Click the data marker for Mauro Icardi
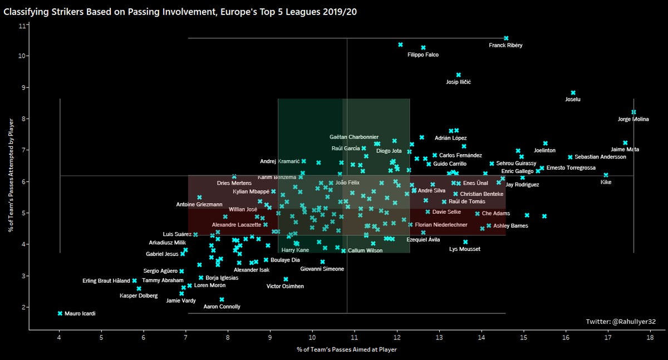(60, 313)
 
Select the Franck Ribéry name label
(505, 46)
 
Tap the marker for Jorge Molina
(633, 112)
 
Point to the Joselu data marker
(573, 93)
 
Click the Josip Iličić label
(459, 82)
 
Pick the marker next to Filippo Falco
(423, 48)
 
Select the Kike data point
(606, 175)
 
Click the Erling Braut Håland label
(106, 281)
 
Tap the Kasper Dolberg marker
(139, 288)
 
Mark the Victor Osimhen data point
(286, 279)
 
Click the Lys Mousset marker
(465, 242)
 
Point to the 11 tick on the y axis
(21, 26)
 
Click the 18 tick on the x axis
(650, 337)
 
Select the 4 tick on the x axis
(60, 337)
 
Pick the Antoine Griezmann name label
(199, 205)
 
